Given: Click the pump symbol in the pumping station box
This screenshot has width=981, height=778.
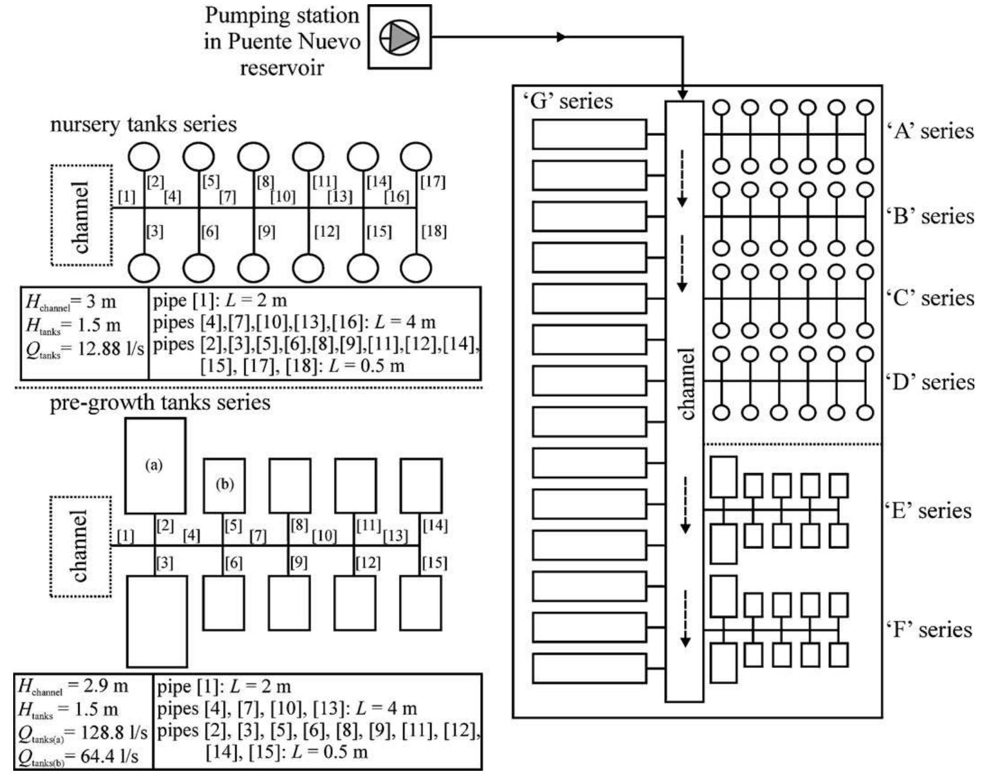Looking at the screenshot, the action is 399,37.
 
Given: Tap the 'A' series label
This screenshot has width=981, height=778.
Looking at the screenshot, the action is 930,131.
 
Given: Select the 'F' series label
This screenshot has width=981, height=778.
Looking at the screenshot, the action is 929,629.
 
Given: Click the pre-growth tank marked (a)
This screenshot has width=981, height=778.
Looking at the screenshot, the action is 156,465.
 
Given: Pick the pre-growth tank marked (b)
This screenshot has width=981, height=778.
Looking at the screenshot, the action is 224,485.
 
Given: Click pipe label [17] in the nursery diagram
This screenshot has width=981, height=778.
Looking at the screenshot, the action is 433,182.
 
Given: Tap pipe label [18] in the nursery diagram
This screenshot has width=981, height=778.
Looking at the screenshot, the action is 433,231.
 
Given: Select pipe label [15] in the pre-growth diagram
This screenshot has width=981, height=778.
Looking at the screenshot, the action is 435,563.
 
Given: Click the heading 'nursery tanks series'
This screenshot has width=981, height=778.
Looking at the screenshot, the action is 144,124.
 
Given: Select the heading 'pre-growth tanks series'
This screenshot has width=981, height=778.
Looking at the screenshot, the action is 160,403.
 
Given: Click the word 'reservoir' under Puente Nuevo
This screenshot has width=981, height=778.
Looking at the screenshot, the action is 282,68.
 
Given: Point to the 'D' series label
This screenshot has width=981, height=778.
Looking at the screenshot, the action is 930,382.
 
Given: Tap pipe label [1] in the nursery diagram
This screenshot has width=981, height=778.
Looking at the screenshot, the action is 126,197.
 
